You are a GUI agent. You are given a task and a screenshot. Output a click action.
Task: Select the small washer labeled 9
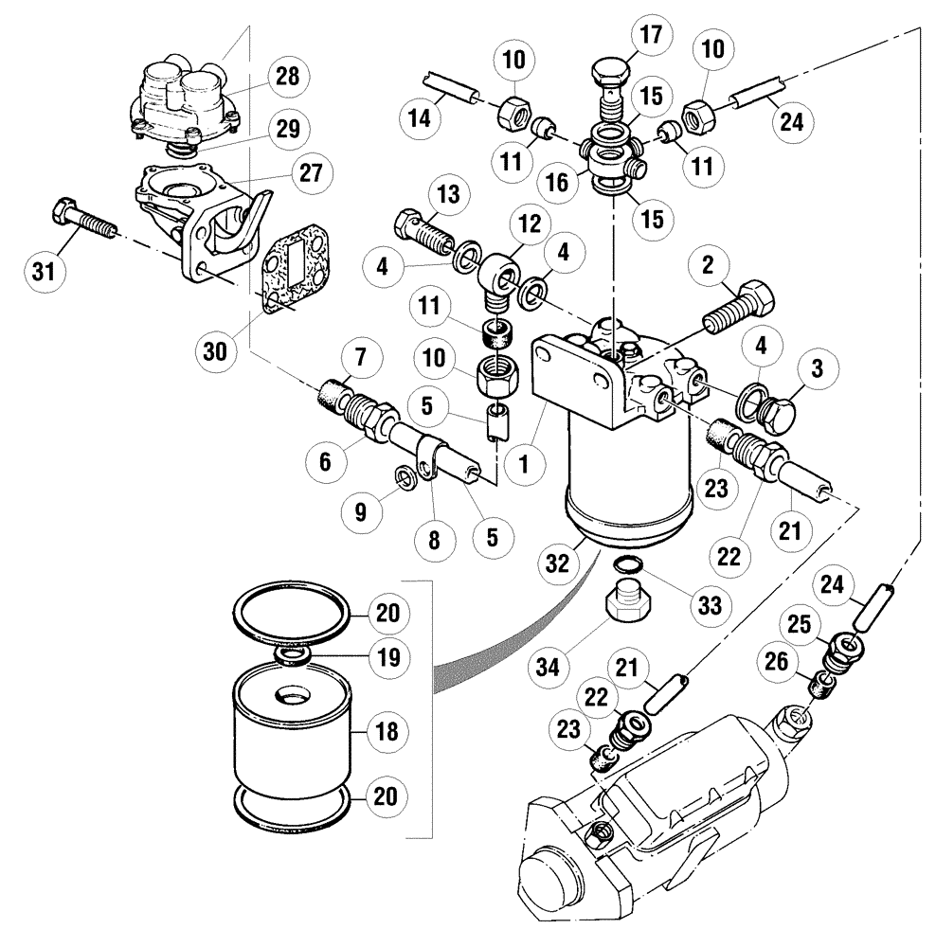[x=402, y=473]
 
